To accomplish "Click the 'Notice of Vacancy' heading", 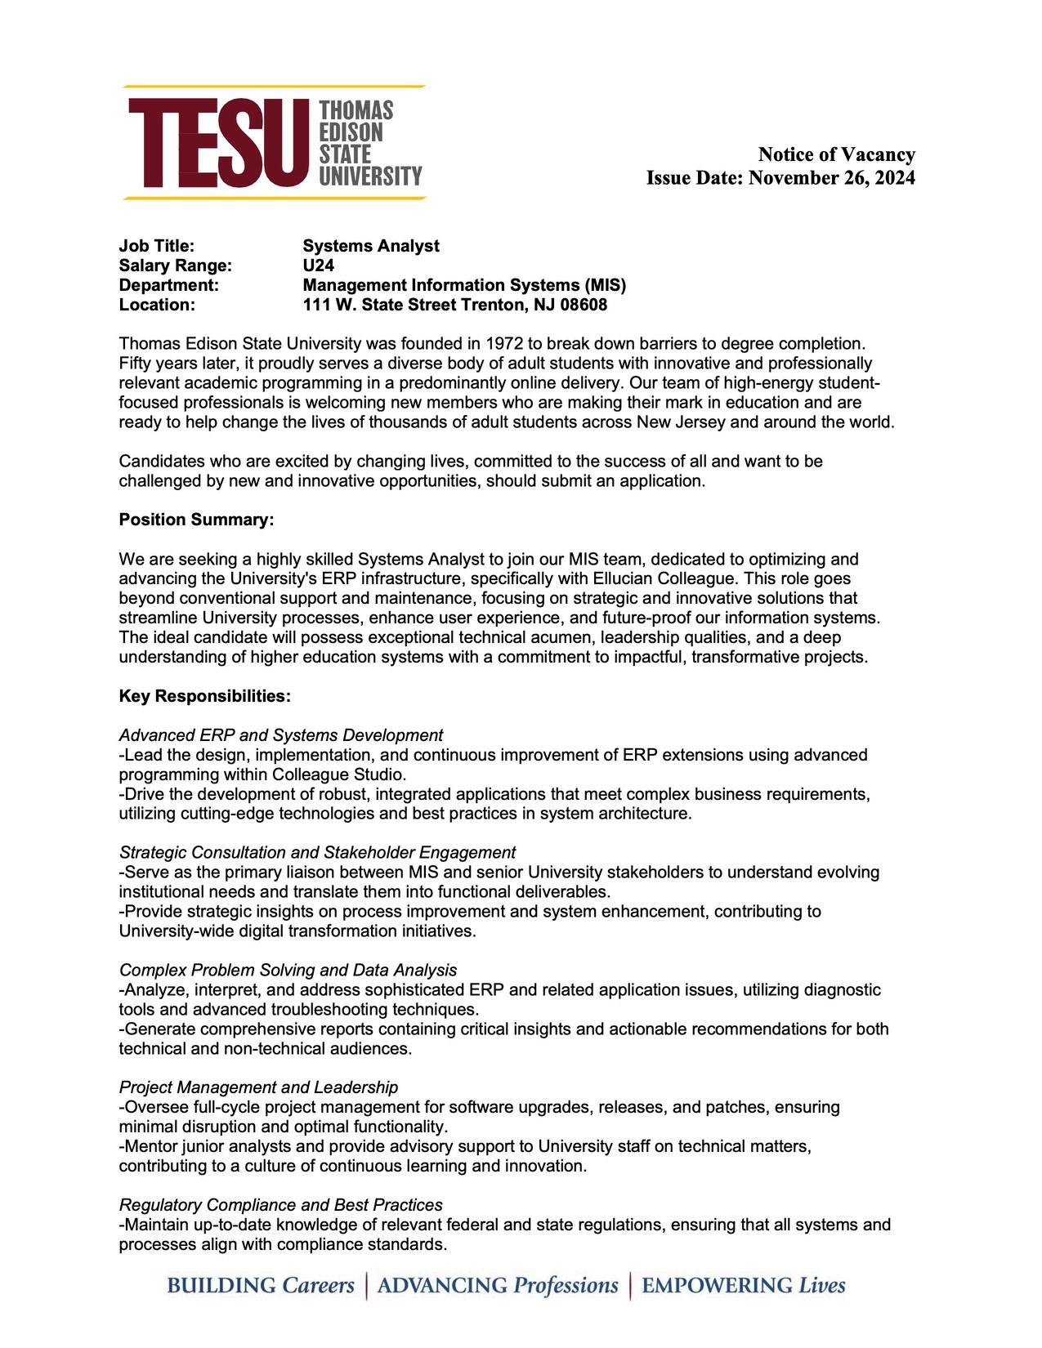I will tap(836, 154).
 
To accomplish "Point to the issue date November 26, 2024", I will tap(831, 178).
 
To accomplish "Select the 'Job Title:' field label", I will tap(157, 246).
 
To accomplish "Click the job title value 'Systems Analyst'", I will tap(370, 246).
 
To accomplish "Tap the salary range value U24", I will tap(318, 266).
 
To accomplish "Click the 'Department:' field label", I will tap(169, 285).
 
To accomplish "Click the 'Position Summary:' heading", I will tap(196, 520).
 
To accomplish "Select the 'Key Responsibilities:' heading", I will tap(205, 696).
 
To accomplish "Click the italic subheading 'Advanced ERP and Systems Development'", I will tap(281, 735).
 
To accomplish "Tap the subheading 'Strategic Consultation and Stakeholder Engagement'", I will tap(317, 853).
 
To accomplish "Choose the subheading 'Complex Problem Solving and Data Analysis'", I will tap(288, 971).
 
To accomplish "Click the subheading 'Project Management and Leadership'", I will tap(258, 1087).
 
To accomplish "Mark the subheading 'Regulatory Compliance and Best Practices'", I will tap(280, 1205).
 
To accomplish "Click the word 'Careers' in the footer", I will tap(318, 1285).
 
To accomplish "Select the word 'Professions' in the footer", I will tap(566, 1285).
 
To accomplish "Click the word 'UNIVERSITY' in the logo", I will tap(370, 176).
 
